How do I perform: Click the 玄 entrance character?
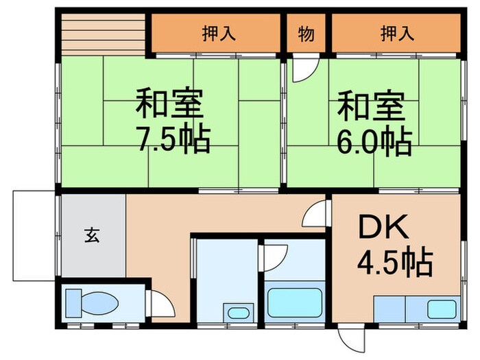pos(92,236)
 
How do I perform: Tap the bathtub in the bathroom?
pos(294,302)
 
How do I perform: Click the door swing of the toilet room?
pos(160,302)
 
